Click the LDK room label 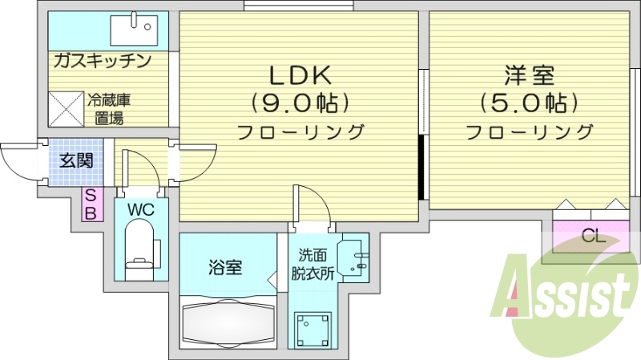click(x=299, y=75)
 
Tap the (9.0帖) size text click(x=300, y=103)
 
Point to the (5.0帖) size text click(x=528, y=103)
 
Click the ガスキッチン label click(x=103, y=61)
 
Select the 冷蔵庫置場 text click(x=109, y=110)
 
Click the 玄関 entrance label click(x=76, y=160)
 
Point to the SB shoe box click(x=91, y=204)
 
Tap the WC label click(x=140, y=210)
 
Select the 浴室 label click(x=227, y=268)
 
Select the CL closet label click(x=593, y=236)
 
